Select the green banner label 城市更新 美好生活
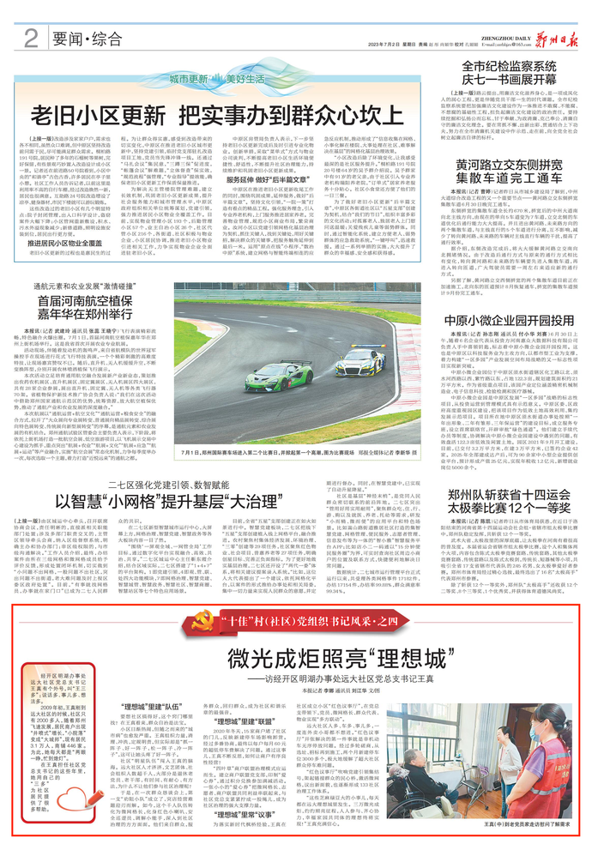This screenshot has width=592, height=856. [x=202, y=77]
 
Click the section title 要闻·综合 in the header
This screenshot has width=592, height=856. [x=84, y=38]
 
